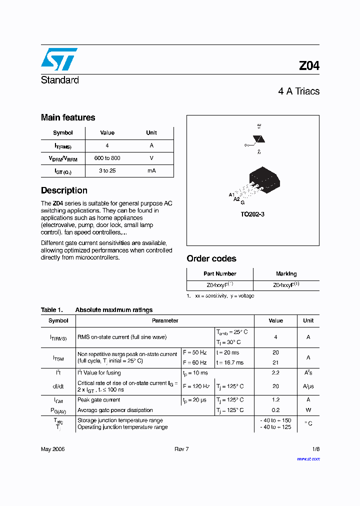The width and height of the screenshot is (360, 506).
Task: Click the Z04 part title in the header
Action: [x=308, y=66]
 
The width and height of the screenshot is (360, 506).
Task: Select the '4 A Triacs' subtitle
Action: [x=298, y=91]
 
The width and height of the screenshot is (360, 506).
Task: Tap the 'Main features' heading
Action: [x=68, y=117]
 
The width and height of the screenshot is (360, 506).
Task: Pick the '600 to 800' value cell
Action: [x=107, y=158]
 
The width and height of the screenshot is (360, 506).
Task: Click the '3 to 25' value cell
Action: [x=107, y=171]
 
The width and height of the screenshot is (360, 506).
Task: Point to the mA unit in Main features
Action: [x=151, y=171]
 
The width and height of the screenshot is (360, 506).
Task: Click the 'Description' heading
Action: [x=64, y=190]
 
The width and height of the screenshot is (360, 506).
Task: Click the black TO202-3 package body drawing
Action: [x=263, y=178]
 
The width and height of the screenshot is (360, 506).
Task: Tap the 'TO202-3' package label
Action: [x=252, y=214]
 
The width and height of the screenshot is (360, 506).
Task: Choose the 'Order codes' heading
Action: [x=211, y=258]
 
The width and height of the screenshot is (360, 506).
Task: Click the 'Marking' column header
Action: [x=286, y=273]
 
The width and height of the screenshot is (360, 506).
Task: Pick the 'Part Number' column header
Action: [x=220, y=273]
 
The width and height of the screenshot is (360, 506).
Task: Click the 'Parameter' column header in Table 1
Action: [x=165, y=320]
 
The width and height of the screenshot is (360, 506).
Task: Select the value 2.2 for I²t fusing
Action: [x=275, y=372]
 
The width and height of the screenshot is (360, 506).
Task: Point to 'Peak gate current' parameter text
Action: [x=98, y=399]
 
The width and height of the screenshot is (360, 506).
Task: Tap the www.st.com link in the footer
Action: [x=308, y=458]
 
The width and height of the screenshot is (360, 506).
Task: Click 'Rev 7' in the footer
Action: [x=181, y=449]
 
